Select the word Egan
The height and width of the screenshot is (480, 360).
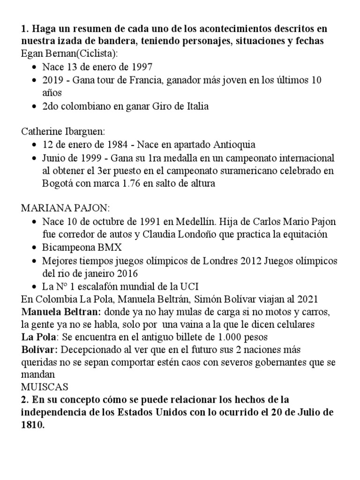31,53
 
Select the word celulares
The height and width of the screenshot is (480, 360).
293,324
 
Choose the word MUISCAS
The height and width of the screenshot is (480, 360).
45,387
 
